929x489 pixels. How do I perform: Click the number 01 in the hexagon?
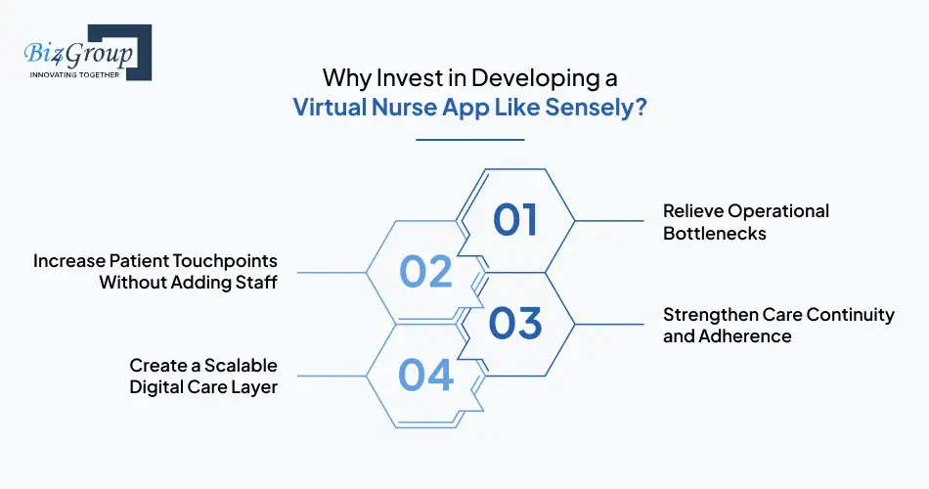coord(515,220)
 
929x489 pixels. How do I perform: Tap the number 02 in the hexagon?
coord(426,272)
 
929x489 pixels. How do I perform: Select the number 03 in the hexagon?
coord(515,324)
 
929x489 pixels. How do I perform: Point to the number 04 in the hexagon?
coord(426,375)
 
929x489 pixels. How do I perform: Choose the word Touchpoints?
coord(224,261)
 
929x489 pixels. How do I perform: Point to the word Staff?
coord(256,283)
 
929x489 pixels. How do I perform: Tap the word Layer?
coord(253,387)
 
